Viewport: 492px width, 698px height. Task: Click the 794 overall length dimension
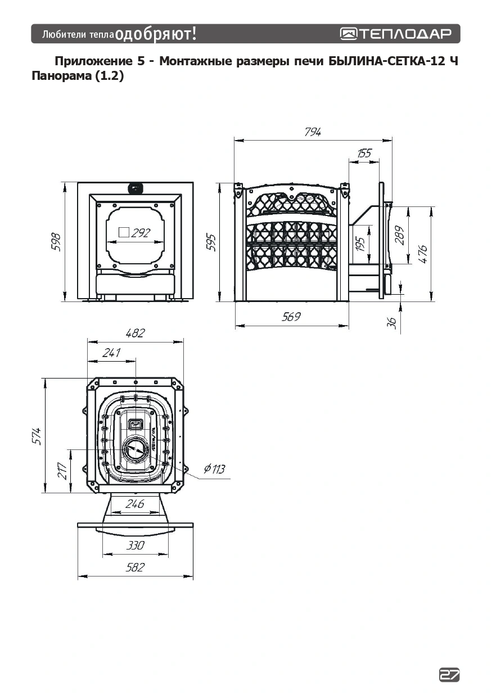coord(313,132)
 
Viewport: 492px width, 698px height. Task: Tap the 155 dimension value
coord(364,153)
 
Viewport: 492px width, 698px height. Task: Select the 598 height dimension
coord(56,242)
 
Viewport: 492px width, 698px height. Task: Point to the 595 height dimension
coord(211,242)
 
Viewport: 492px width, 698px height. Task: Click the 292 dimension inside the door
coord(141,233)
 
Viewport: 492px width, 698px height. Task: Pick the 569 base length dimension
coord(291,317)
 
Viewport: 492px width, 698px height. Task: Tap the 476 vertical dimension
coord(422,254)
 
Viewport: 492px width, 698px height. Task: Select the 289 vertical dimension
coord(399,235)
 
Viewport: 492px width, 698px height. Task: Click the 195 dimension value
coord(360,244)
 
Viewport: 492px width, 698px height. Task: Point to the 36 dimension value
coord(392,323)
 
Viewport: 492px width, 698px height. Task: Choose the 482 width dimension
coord(136,333)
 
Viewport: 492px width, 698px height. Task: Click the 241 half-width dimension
coord(111,353)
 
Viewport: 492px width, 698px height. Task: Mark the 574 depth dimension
coord(37,436)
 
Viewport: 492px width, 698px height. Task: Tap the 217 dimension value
coord(62,471)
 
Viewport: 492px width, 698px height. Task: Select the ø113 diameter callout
coord(214,469)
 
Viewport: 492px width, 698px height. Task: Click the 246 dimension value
coord(135,503)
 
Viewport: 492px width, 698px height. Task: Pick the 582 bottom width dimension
coord(136,567)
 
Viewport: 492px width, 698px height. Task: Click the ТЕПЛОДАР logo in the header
coord(396,34)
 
